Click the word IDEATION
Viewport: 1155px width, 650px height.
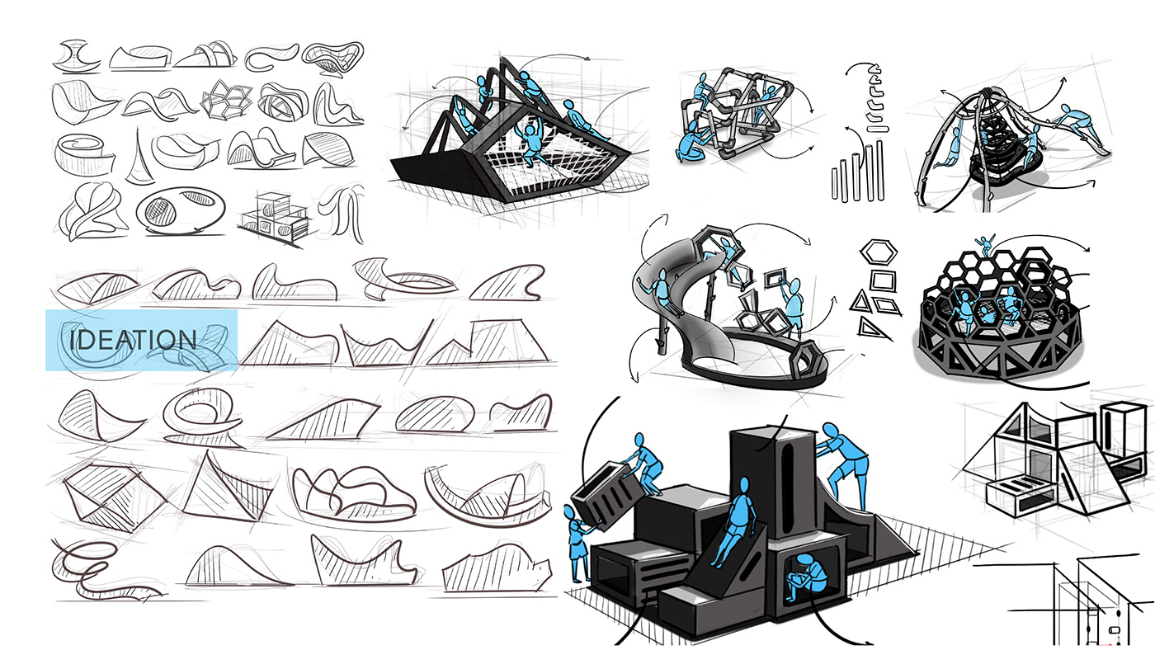coord(133,340)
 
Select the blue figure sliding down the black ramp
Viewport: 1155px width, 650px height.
coord(734,520)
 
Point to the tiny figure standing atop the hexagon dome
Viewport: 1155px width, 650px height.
coord(984,245)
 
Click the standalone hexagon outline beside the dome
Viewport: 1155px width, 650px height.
coord(878,252)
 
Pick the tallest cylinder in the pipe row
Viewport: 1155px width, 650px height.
coord(879,170)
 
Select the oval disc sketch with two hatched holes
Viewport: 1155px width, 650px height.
coord(181,211)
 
